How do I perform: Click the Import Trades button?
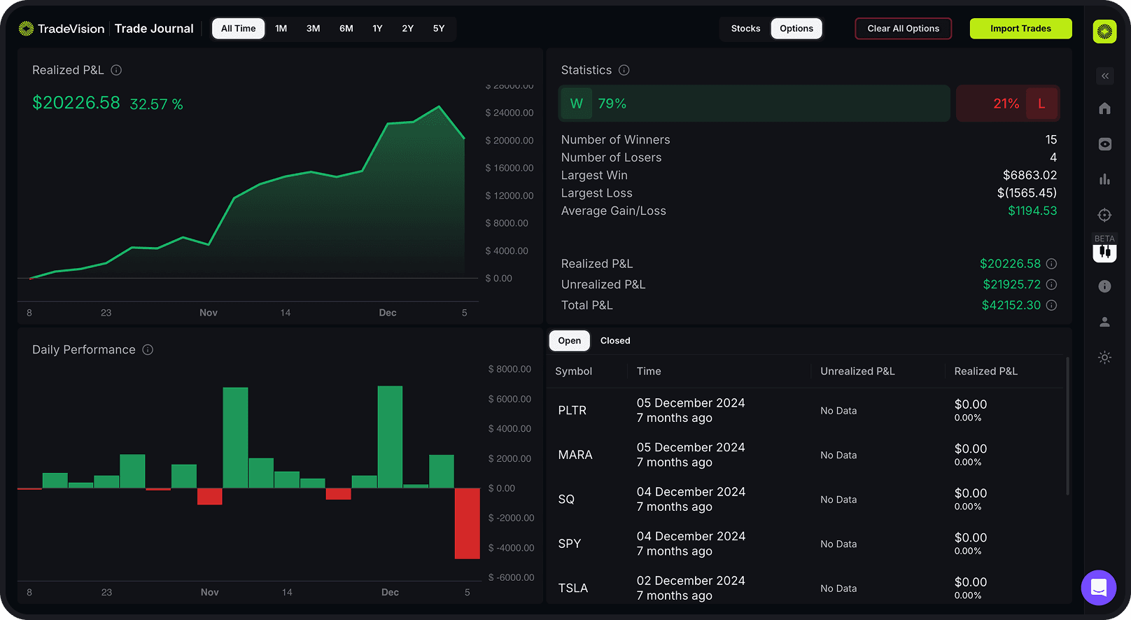1020,29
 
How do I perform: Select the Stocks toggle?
745,29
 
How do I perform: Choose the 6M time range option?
346,29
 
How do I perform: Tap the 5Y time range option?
439,29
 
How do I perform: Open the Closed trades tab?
615,341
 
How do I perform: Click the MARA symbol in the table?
575,455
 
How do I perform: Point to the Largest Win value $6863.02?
1030,175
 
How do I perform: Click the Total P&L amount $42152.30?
1011,305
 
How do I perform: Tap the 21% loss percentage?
1006,104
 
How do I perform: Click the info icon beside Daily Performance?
148,350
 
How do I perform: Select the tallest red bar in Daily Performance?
467,523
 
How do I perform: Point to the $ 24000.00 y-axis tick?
510,113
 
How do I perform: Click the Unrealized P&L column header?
857,372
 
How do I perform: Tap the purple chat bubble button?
1098,587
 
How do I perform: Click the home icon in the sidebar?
1104,108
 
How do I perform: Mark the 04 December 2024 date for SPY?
691,536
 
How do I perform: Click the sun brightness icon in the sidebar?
1104,358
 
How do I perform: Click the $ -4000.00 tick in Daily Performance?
511,548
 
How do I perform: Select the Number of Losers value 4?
1053,157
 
